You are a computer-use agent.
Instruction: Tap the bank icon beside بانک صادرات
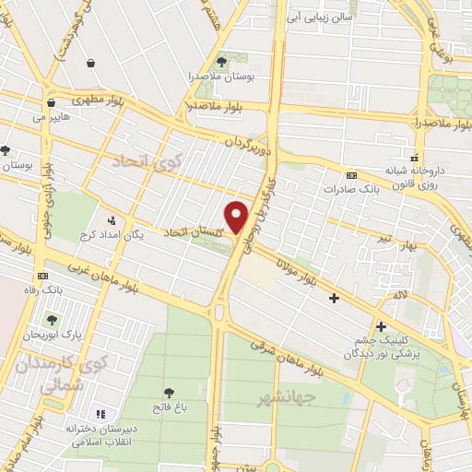point(350,175)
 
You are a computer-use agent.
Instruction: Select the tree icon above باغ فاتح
point(168,393)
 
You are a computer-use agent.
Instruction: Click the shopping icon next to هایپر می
point(52,102)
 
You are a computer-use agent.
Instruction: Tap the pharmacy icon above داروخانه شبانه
point(415,157)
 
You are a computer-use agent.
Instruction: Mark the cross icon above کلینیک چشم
point(381,325)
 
